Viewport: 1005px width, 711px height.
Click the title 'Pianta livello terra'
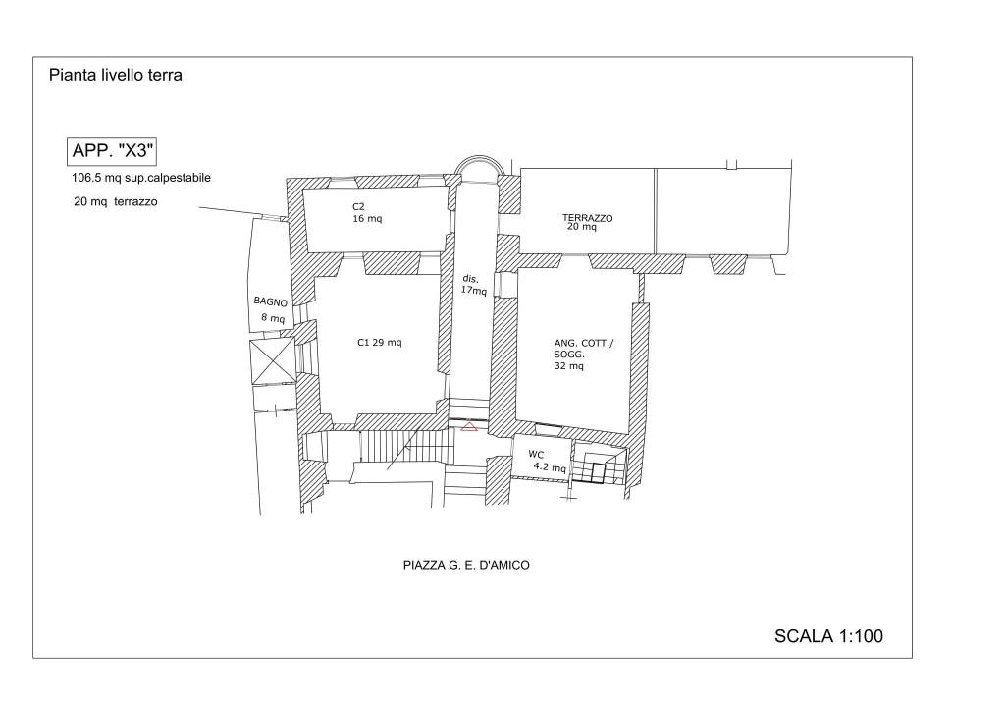click(x=116, y=75)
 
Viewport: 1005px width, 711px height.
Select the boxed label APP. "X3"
click(x=112, y=151)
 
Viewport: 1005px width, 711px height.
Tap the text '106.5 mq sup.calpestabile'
click(x=141, y=178)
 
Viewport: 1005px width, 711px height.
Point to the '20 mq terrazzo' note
click(x=116, y=201)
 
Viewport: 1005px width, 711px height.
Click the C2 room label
click(x=358, y=206)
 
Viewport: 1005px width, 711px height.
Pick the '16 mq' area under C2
click(x=367, y=219)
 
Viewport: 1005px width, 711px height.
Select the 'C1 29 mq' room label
click(x=380, y=343)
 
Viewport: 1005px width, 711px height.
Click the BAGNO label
click(x=271, y=301)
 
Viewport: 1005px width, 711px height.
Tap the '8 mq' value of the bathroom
click(x=273, y=317)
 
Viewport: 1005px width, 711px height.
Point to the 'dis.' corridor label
click(x=470, y=279)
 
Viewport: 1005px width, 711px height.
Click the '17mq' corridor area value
click(x=474, y=291)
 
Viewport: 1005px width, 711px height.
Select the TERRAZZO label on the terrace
click(x=587, y=217)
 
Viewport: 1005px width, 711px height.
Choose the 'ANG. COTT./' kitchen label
click(x=583, y=343)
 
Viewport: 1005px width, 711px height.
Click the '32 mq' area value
click(x=569, y=366)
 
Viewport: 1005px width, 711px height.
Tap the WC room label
click(x=536, y=455)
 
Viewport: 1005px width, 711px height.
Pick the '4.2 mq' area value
click(x=550, y=468)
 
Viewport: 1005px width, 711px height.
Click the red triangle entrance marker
click(x=469, y=425)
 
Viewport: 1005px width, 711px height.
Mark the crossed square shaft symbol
click(x=272, y=361)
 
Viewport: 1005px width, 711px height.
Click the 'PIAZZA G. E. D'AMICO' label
click(x=466, y=565)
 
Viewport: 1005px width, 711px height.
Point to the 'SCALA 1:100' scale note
click(x=828, y=636)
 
